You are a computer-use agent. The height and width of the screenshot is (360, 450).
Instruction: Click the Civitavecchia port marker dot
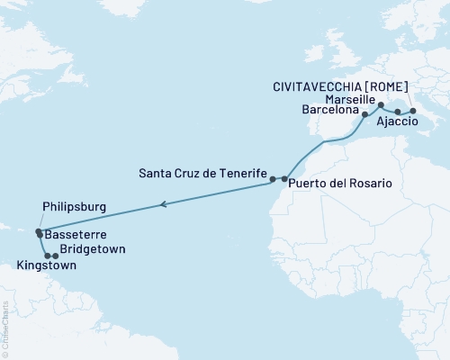(413, 111)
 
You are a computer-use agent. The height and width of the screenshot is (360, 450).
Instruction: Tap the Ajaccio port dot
(398, 112)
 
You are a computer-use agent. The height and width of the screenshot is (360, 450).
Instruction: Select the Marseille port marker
(381, 105)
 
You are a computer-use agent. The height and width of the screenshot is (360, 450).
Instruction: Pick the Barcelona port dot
(364, 115)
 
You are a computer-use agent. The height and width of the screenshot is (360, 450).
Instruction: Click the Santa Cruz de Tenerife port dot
(273, 180)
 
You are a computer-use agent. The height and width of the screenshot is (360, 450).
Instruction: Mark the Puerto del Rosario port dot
(284, 180)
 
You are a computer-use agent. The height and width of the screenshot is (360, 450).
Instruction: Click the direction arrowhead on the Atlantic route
(163, 205)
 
